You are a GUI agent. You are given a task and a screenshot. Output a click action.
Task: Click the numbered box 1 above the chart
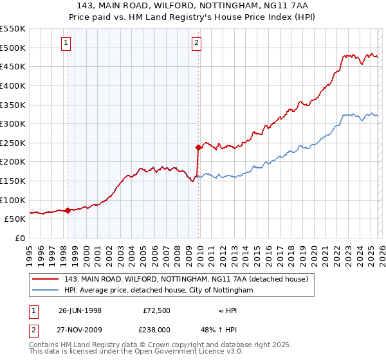(x=68, y=44)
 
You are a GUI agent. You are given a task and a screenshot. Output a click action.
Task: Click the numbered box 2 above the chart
(x=196, y=44)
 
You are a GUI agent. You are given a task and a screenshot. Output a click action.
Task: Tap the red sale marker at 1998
(x=68, y=210)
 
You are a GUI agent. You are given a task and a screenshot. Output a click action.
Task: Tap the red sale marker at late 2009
(x=198, y=147)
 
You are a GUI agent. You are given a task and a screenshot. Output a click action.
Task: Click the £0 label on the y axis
(x=19, y=238)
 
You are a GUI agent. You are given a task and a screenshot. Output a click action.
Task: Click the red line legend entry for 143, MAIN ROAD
(x=187, y=279)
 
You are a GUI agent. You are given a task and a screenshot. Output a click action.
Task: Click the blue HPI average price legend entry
(x=159, y=291)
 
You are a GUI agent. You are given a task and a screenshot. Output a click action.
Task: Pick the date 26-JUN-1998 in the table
(x=80, y=310)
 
